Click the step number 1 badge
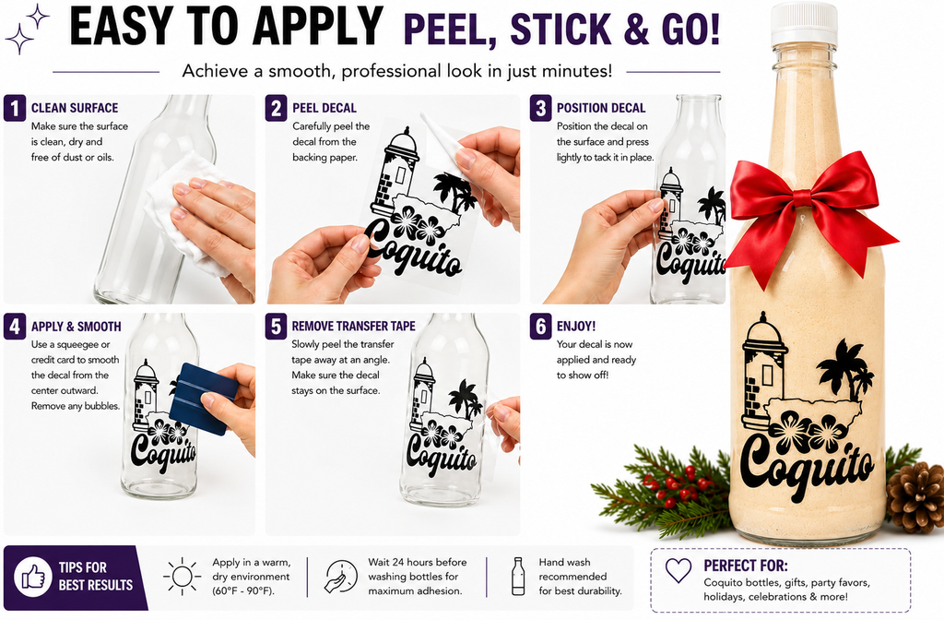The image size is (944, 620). click(15, 108)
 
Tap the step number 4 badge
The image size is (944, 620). click(15, 327)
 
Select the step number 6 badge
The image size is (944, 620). click(540, 327)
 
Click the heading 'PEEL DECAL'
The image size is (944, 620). click(324, 108)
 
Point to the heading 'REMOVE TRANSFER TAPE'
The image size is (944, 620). click(353, 326)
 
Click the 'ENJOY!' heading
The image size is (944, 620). click(576, 326)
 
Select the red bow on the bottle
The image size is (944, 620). click(809, 211)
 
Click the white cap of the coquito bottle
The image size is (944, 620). click(804, 24)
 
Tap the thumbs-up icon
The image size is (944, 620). click(34, 578)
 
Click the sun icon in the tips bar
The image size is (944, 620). click(182, 577)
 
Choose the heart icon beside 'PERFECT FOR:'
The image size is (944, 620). click(678, 570)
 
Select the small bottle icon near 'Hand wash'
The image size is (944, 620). click(518, 577)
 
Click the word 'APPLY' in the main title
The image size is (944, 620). click(318, 27)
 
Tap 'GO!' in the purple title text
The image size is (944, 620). click(690, 29)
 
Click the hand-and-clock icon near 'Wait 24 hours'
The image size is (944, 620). click(341, 577)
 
